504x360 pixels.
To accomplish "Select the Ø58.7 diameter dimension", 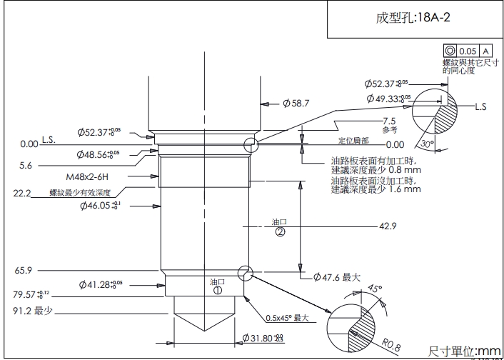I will click(x=296, y=104).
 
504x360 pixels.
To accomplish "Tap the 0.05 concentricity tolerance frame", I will click(x=468, y=51).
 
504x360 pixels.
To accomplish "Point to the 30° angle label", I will click(x=427, y=144).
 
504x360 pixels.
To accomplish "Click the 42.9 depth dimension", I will click(x=388, y=226).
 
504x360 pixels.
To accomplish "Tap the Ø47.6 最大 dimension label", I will click(x=333, y=276).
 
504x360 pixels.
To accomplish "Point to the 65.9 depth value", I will click(x=24, y=271).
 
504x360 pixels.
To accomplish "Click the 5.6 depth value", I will click(x=26, y=165).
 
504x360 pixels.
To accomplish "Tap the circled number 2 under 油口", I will click(x=280, y=232).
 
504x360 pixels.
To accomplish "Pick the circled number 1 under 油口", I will click(x=218, y=291).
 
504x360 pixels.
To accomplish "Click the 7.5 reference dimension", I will click(x=389, y=121).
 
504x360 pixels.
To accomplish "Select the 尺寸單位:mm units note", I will click(x=465, y=351).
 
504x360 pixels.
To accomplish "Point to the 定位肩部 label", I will click(x=353, y=141).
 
